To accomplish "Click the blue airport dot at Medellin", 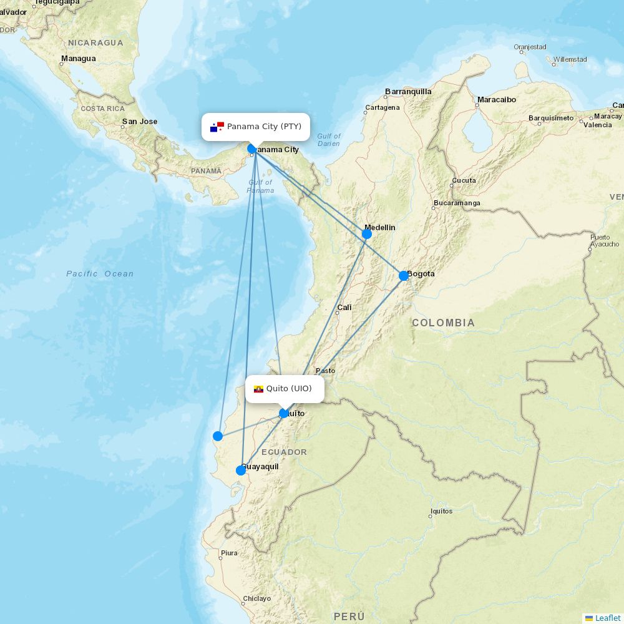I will pos(367,234).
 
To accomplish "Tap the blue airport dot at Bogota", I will pos(404,276).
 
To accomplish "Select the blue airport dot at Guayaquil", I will pos(241,470).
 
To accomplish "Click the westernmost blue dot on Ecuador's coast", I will pos(218,436).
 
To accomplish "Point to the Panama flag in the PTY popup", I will pos(217,127).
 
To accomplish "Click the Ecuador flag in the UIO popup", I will pos(258,389).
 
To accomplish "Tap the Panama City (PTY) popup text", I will pos(264,127).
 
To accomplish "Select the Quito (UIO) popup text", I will pos(289,389).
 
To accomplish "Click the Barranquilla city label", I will pos(408,92).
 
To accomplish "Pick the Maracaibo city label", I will pos(496,100).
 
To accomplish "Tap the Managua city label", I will pos(79,59).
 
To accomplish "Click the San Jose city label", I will pos(140,122).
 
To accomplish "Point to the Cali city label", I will pos(344,308).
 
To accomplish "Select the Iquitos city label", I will pos(441,511).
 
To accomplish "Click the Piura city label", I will pos(229,553).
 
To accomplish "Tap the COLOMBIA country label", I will pos(443,323).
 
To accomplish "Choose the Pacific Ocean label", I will pos(100,274).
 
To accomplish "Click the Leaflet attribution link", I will pos(607,618).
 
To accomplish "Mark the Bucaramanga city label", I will pos(457,203).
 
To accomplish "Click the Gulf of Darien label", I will pos(328,140).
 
